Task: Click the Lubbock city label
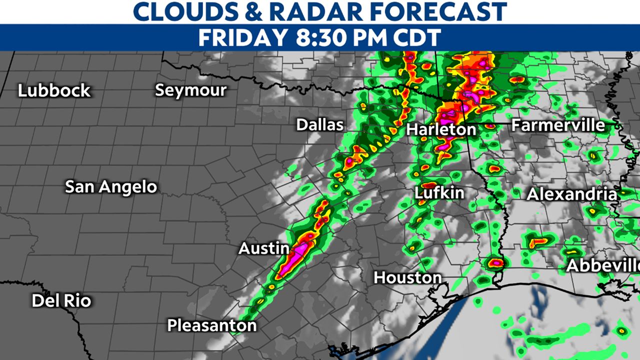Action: (x=54, y=91)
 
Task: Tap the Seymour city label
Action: (x=190, y=90)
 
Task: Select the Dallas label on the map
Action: (x=320, y=124)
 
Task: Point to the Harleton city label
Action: (x=441, y=129)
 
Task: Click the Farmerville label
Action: (x=558, y=125)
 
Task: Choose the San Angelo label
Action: (x=111, y=187)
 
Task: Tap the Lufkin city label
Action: (x=439, y=193)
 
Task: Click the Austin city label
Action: (x=263, y=248)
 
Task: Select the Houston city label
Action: (x=407, y=277)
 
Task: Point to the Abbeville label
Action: (x=602, y=266)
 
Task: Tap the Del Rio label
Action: (x=61, y=301)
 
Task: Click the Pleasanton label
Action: (x=211, y=326)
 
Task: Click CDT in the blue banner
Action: (x=415, y=38)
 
